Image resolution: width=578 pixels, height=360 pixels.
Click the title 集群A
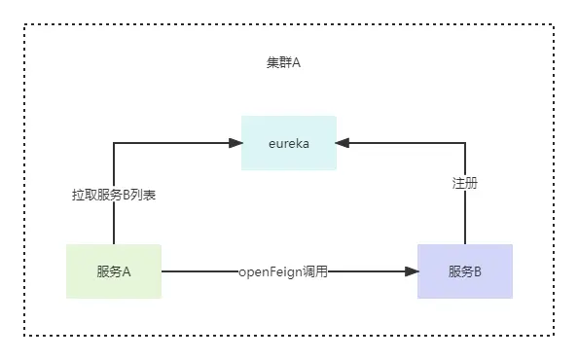pyautogui.click(x=283, y=62)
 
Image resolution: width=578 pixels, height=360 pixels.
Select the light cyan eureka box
pyautogui.click(x=289, y=143)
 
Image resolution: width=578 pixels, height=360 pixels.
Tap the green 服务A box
pyautogui.click(x=114, y=271)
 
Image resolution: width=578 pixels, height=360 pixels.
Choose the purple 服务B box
pyautogui.click(x=465, y=271)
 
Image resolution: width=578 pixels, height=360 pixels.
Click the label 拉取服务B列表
pyautogui.click(x=114, y=195)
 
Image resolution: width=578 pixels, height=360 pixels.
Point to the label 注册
pyautogui.click(x=465, y=183)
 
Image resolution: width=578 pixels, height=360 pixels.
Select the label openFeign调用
pyautogui.click(x=283, y=272)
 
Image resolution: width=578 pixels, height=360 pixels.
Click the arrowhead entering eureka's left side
pyautogui.click(x=235, y=143)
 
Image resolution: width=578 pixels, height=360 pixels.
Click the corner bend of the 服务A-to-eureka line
pyautogui.click(x=114, y=143)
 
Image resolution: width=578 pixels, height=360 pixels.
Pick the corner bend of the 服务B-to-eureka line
pyautogui.click(x=465, y=143)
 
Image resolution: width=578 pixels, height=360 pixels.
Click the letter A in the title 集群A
pyautogui.click(x=296, y=62)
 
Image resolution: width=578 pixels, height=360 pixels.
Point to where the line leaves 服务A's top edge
pyautogui.click(x=114, y=244)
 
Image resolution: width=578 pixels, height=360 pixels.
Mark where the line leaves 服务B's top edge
pyautogui.click(x=465, y=244)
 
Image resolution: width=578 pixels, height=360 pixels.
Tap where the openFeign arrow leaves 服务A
pyautogui.click(x=163, y=271)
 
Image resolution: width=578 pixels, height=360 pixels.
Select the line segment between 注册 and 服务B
pyautogui.click(x=465, y=218)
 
